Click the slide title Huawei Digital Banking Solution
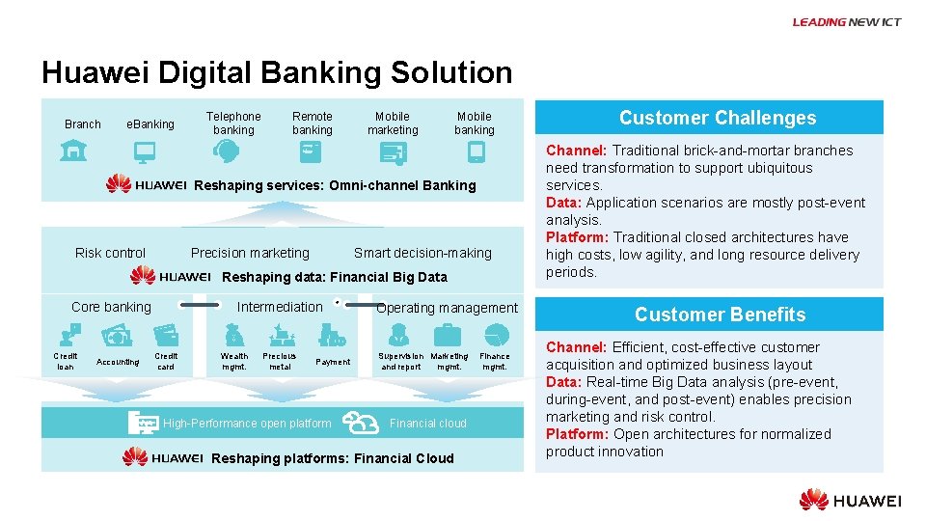click(x=277, y=72)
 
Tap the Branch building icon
click(x=72, y=151)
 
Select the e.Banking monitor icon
click(x=145, y=151)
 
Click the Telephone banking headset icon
click(x=228, y=151)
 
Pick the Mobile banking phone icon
click(x=475, y=151)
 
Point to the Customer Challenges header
click(x=718, y=118)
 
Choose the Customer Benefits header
click(x=720, y=315)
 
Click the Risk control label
click(x=110, y=253)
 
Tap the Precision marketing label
click(x=250, y=253)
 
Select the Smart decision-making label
click(x=422, y=253)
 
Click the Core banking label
click(x=111, y=307)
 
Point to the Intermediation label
click(x=280, y=307)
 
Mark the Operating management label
click(x=447, y=308)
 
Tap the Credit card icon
click(x=166, y=334)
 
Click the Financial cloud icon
click(x=361, y=422)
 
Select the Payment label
click(x=333, y=362)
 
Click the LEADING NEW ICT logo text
click(x=846, y=22)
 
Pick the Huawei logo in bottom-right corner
click(x=850, y=500)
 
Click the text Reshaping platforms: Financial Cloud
click(x=332, y=458)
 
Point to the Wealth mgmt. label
click(x=234, y=362)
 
